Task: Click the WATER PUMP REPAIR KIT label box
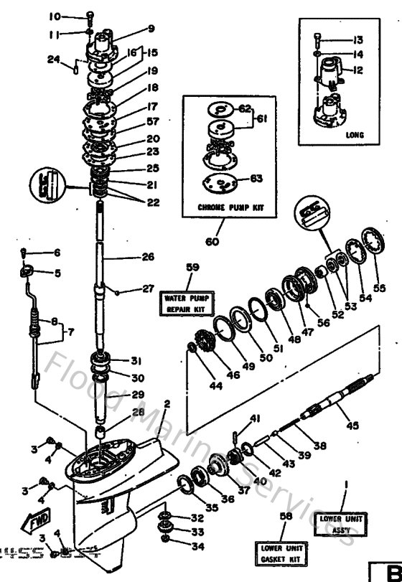click(x=184, y=303)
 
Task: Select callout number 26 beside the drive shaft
click(x=148, y=256)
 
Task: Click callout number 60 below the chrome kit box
click(x=212, y=242)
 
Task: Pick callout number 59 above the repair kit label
click(x=192, y=268)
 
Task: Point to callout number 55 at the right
click(x=378, y=288)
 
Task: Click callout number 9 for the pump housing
click(x=151, y=29)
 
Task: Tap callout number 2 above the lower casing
click(x=167, y=404)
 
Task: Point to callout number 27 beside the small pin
click(x=147, y=289)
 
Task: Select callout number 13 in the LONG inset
click(x=358, y=39)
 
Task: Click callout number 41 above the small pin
click(x=254, y=418)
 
